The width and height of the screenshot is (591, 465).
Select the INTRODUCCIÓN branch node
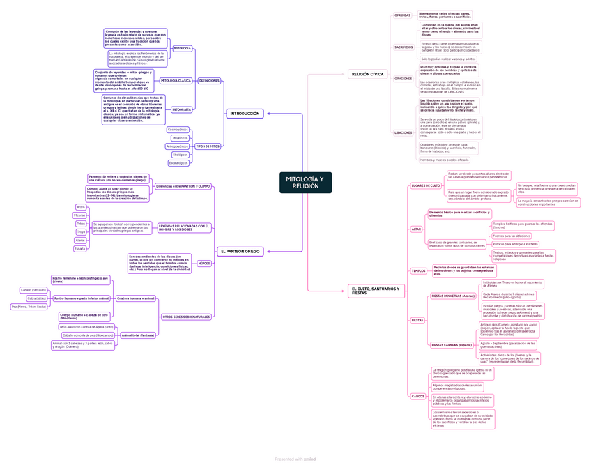click(245, 114)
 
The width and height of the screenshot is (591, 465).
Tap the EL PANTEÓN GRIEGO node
click(239, 251)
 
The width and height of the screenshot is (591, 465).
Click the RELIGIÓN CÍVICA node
click(368, 73)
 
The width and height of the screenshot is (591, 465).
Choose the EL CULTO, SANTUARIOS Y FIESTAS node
click(376, 290)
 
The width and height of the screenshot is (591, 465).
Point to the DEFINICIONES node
click(209, 81)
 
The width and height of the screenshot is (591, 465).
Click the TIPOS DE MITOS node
click(208, 146)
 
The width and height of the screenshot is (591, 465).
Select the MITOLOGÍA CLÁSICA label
click(176, 81)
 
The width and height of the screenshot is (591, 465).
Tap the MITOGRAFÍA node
click(181, 110)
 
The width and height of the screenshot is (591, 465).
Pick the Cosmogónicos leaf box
click(178, 130)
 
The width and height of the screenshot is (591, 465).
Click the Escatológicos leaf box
click(178, 163)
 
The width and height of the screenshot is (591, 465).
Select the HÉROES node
click(204, 264)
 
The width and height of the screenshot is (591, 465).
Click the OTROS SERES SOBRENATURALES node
click(186, 317)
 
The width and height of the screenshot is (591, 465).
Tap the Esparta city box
click(80, 248)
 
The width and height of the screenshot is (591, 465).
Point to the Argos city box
click(81, 207)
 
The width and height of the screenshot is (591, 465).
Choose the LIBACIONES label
click(404, 132)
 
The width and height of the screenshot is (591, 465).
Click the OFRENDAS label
click(402, 15)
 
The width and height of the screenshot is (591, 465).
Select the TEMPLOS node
click(418, 270)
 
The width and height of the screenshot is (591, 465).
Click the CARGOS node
click(418, 397)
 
